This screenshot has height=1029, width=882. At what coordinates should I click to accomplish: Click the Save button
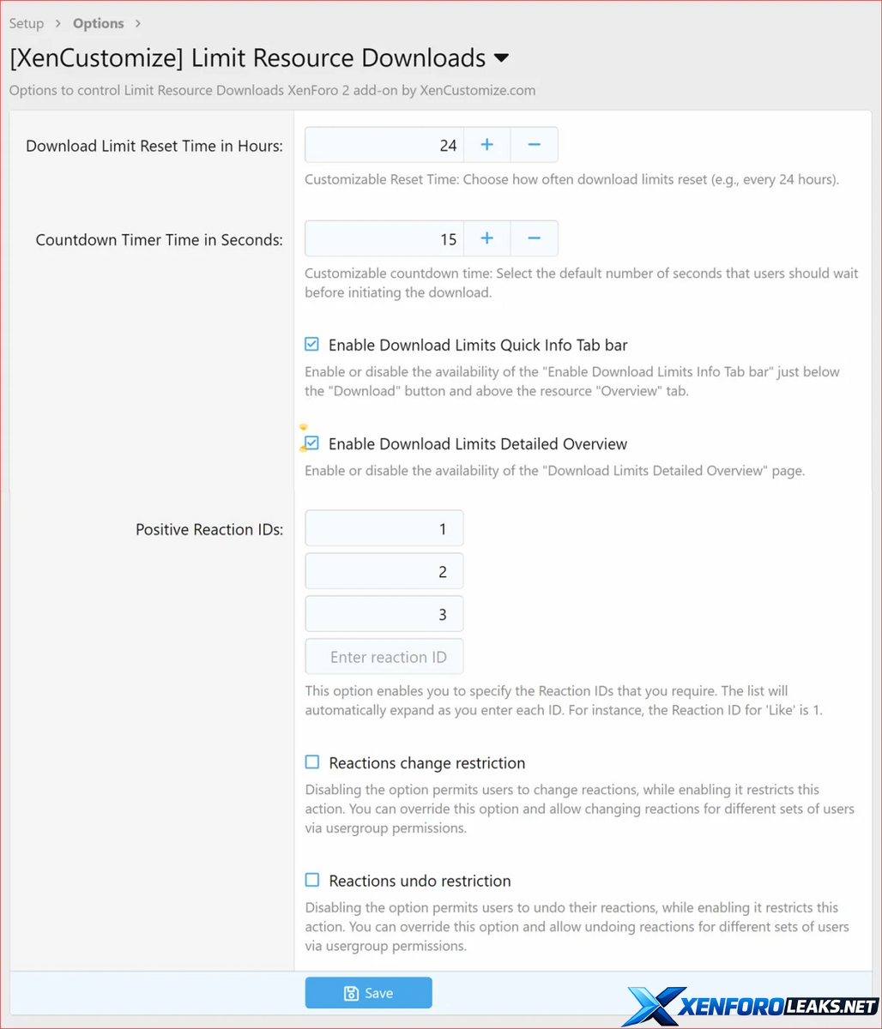[368, 993]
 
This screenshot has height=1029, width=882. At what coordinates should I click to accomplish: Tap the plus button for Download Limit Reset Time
[486, 145]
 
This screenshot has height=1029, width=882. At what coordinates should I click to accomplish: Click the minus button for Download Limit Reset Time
[534, 145]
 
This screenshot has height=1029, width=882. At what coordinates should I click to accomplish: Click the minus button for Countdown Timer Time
[534, 238]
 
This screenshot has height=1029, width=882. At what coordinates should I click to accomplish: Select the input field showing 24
[384, 145]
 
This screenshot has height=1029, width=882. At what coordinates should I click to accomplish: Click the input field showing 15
[384, 238]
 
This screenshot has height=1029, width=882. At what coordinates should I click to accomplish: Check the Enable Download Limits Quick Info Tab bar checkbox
[312, 345]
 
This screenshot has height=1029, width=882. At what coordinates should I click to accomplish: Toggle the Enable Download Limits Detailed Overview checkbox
[312, 443]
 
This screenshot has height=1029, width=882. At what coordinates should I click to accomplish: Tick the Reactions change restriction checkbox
[312, 762]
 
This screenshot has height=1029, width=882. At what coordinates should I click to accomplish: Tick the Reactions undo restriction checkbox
[312, 880]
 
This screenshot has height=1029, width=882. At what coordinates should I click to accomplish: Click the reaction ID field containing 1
[384, 528]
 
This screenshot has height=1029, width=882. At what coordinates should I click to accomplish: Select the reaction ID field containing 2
[384, 571]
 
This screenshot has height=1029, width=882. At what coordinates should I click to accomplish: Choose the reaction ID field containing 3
[384, 614]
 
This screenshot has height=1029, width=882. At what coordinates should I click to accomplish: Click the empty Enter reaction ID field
[384, 657]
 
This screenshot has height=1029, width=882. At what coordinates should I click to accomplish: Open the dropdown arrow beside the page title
[502, 58]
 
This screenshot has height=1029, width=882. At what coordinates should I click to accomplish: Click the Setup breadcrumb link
[27, 23]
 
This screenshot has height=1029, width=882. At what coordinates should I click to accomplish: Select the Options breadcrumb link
[99, 23]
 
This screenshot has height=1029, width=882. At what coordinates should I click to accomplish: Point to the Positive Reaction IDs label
[209, 529]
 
